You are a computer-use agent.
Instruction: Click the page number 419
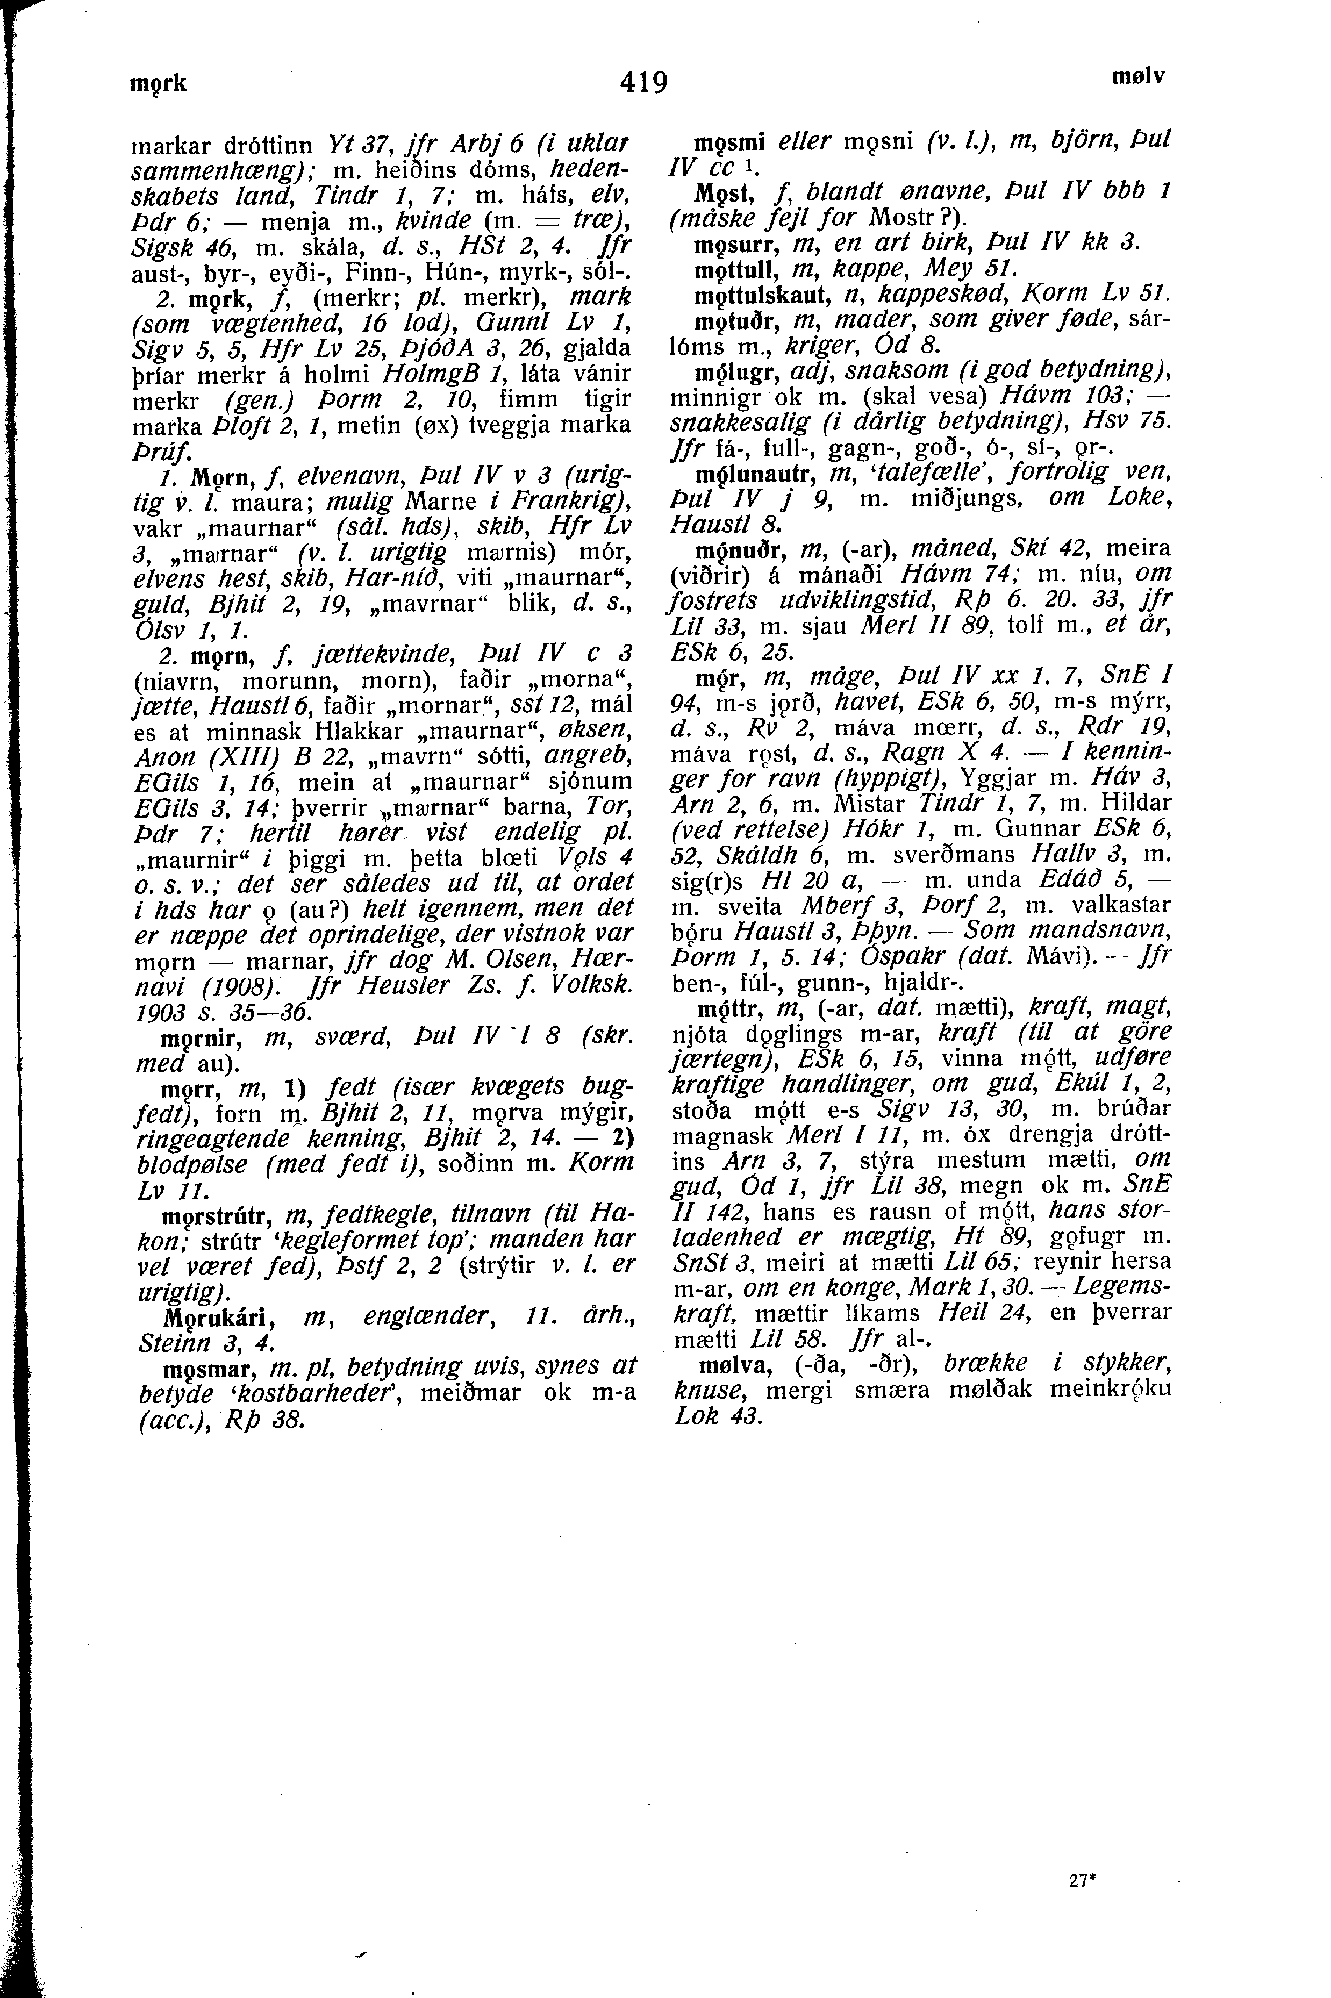pyautogui.click(x=645, y=82)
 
